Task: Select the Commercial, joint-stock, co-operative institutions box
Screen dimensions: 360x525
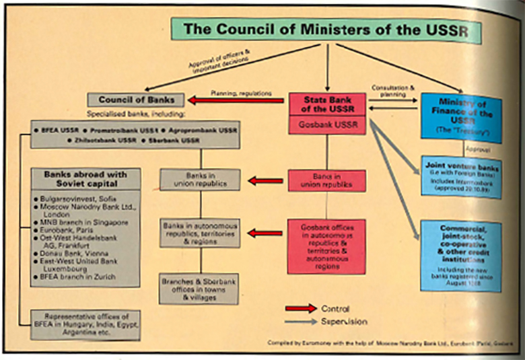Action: [x=460, y=254]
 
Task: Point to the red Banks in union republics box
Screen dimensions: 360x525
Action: [x=326, y=181]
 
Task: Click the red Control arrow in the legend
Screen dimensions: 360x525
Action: [x=300, y=308]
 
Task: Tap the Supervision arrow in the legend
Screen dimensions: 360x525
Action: [x=300, y=322]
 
